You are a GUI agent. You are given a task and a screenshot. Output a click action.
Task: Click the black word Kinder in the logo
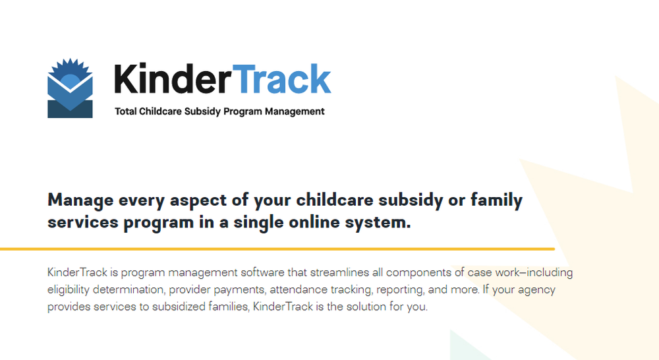click(x=172, y=78)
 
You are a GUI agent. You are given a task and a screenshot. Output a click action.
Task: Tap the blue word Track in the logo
click(x=281, y=78)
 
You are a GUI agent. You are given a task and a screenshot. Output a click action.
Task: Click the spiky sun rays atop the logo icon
click(x=71, y=67)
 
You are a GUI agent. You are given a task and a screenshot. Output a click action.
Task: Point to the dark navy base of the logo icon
click(x=71, y=109)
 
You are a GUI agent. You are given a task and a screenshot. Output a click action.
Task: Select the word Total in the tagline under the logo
click(x=126, y=111)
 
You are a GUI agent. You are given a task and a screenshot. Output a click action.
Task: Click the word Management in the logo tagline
click(x=295, y=112)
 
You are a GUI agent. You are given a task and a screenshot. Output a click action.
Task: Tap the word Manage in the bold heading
click(x=80, y=200)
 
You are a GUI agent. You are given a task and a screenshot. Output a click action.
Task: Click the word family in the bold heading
click(x=496, y=200)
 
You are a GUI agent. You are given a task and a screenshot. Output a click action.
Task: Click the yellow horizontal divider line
click(x=277, y=249)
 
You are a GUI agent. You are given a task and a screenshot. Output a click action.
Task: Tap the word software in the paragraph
click(x=262, y=272)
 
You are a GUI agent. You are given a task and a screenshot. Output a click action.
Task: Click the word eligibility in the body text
click(x=69, y=289)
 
